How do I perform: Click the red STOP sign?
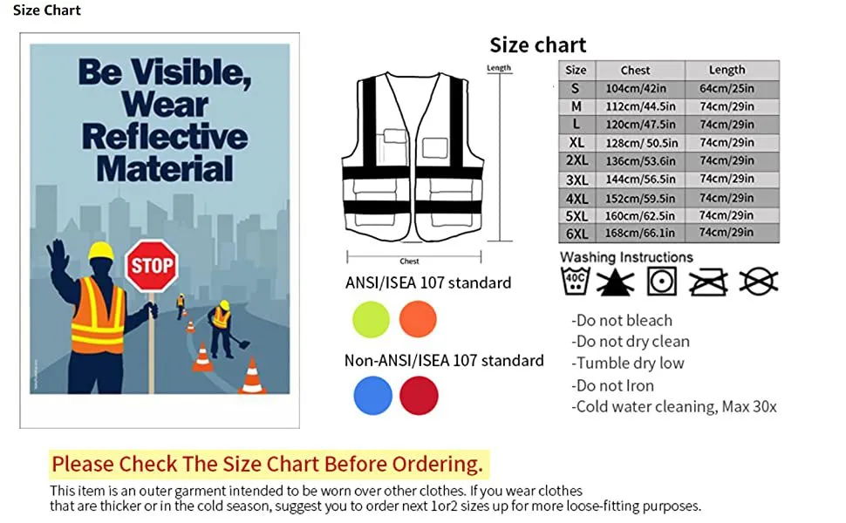pyautogui.click(x=152, y=266)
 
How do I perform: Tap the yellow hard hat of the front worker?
pyautogui.click(x=101, y=251)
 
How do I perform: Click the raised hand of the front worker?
pyautogui.click(x=58, y=255)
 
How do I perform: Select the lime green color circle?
pyautogui.click(x=372, y=320)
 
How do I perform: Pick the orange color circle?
pyautogui.click(x=418, y=320)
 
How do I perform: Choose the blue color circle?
pyautogui.click(x=372, y=396)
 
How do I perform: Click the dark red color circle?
pyautogui.click(x=420, y=396)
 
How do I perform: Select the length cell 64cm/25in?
pyautogui.click(x=727, y=88)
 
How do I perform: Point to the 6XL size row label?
pyautogui.click(x=577, y=234)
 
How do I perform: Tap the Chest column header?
pyautogui.click(x=636, y=70)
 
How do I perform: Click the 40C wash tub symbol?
pyautogui.click(x=575, y=281)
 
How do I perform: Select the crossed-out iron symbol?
pyautogui.click(x=708, y=282)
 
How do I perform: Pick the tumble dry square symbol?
pyautogui.click(x=662, y=282)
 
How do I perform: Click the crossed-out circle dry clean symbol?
pyautogui.click(x=759, y=282)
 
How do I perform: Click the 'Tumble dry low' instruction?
pyautogui.click(x=628, y=363)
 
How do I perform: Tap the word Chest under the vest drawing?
pyautogui.click(x=410, y=261)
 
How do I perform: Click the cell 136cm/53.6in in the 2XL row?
pyautogui.click(x=640, y=161)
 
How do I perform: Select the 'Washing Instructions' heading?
pyautogui.click(x=626, y=257)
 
